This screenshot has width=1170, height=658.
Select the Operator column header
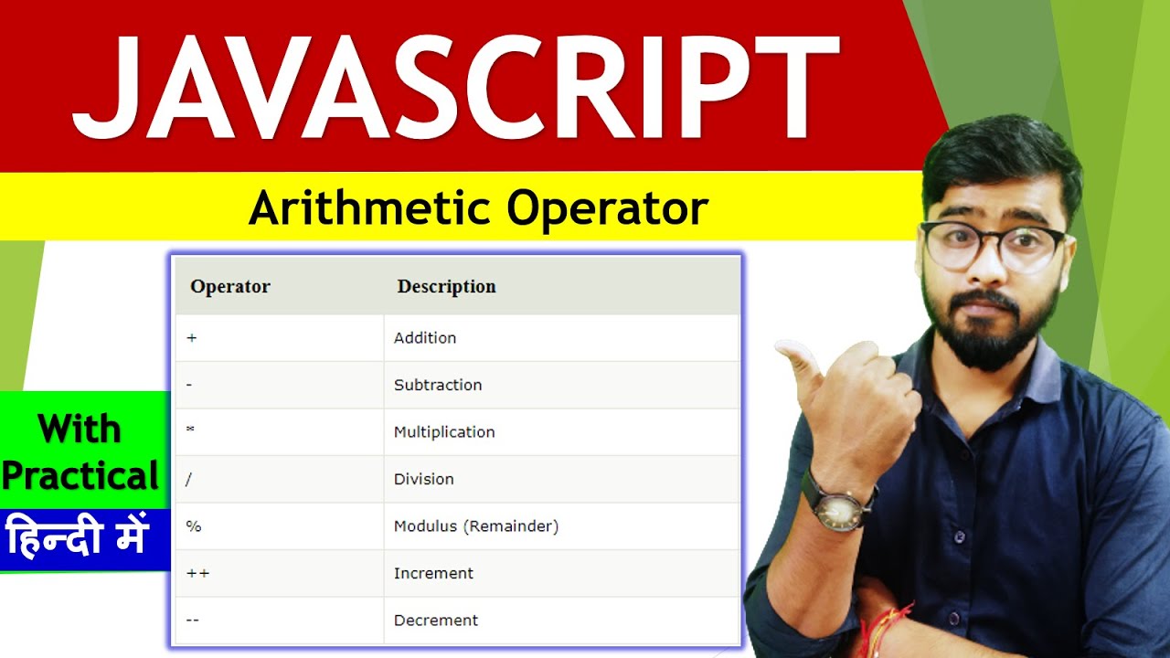coord(230,286)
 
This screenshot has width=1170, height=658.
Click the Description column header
coord(446,286)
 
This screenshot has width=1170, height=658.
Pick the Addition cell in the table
coord(425,338)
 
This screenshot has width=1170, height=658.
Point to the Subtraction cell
coord(438,385)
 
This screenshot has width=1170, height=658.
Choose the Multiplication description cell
coord(444,432)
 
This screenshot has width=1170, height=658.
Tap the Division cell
coord(424,479)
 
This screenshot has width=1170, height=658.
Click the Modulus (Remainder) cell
coord(476,526)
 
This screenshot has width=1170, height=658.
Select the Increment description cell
coord(433,573)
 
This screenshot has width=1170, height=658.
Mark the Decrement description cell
coord(436,621)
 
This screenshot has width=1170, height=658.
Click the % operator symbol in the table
coord(193,526)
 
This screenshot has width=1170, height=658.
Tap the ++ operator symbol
coord(197,573)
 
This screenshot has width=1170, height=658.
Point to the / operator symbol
coord(190,479)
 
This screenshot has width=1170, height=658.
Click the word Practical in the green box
coord(80,476)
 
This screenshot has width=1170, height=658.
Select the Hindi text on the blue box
coord(77,536)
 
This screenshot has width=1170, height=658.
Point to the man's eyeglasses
coord(992,244)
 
